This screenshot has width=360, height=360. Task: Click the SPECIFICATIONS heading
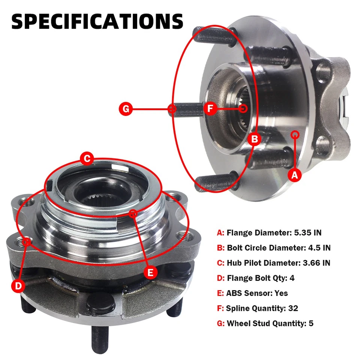[x=97, y=21]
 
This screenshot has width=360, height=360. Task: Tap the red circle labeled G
[x=126, y=109]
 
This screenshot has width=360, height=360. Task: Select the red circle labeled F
[x=210, y=109]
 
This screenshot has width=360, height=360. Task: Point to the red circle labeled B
[x=255, y=139]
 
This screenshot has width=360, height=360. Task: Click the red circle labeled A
[x=294, y=174]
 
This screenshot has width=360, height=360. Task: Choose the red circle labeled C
[x=87, y=159]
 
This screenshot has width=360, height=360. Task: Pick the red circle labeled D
[x=18, y=286]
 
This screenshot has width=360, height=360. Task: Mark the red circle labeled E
[x=150, y=273]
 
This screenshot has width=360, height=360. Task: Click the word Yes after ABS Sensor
[x=281, y=293]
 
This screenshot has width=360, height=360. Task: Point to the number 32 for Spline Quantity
[x=293, y=308]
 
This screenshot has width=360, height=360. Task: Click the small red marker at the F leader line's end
[x=244, y=109]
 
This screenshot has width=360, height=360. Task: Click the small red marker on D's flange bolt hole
[x=26, y=241]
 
